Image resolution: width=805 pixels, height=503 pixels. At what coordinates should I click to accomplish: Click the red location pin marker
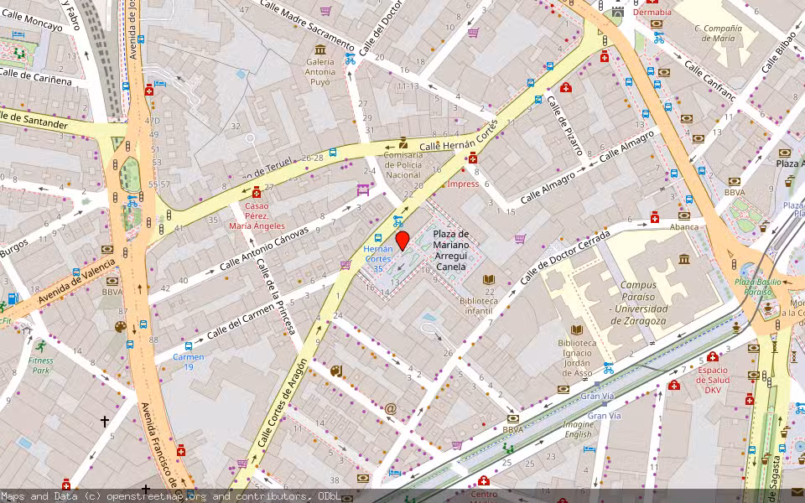[402, 241]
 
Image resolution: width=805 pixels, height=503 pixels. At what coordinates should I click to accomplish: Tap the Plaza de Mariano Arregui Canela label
[450, 250]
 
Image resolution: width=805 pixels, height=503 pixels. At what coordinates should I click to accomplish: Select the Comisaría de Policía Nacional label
[403, 164]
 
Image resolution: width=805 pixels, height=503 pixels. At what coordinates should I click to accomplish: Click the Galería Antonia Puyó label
[320, 71]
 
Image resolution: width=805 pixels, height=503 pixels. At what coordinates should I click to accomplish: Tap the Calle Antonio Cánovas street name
[263, 248]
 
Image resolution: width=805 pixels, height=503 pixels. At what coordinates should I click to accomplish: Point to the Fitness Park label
[40, 365]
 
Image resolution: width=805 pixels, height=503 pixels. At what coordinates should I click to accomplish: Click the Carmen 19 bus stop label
[189, 361]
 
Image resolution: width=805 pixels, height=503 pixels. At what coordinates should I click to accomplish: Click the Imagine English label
[577, 429]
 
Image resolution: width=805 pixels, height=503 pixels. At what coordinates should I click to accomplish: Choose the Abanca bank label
[683, 226]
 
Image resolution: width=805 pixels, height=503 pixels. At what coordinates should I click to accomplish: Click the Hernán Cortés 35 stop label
[378, 258]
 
